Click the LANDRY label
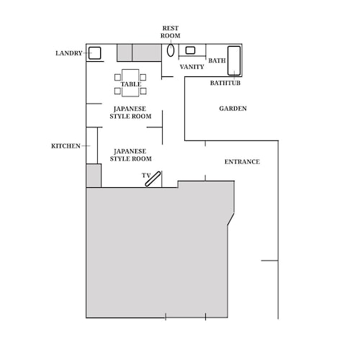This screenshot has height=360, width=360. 69,53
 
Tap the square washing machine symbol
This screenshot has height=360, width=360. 94,53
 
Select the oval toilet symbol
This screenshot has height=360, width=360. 171,50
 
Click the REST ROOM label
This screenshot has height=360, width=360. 171,32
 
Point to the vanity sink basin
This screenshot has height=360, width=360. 190,50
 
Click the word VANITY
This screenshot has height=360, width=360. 192,67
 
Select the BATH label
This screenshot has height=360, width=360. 217,60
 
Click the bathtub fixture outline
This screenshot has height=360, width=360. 234,60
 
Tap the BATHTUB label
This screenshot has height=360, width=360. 225,83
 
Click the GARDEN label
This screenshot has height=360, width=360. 233,109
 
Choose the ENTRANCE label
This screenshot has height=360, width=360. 242,162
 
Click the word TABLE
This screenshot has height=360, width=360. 131,84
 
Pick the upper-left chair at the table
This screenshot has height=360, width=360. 117,77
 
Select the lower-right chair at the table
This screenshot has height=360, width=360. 143,91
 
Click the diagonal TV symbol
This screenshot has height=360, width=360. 153,179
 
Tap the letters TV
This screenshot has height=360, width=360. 146,176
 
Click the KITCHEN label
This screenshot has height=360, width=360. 66,146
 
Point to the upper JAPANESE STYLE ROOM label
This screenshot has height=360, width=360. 130,112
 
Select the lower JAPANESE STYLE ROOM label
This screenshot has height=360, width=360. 130,155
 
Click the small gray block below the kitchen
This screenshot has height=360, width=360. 94,176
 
